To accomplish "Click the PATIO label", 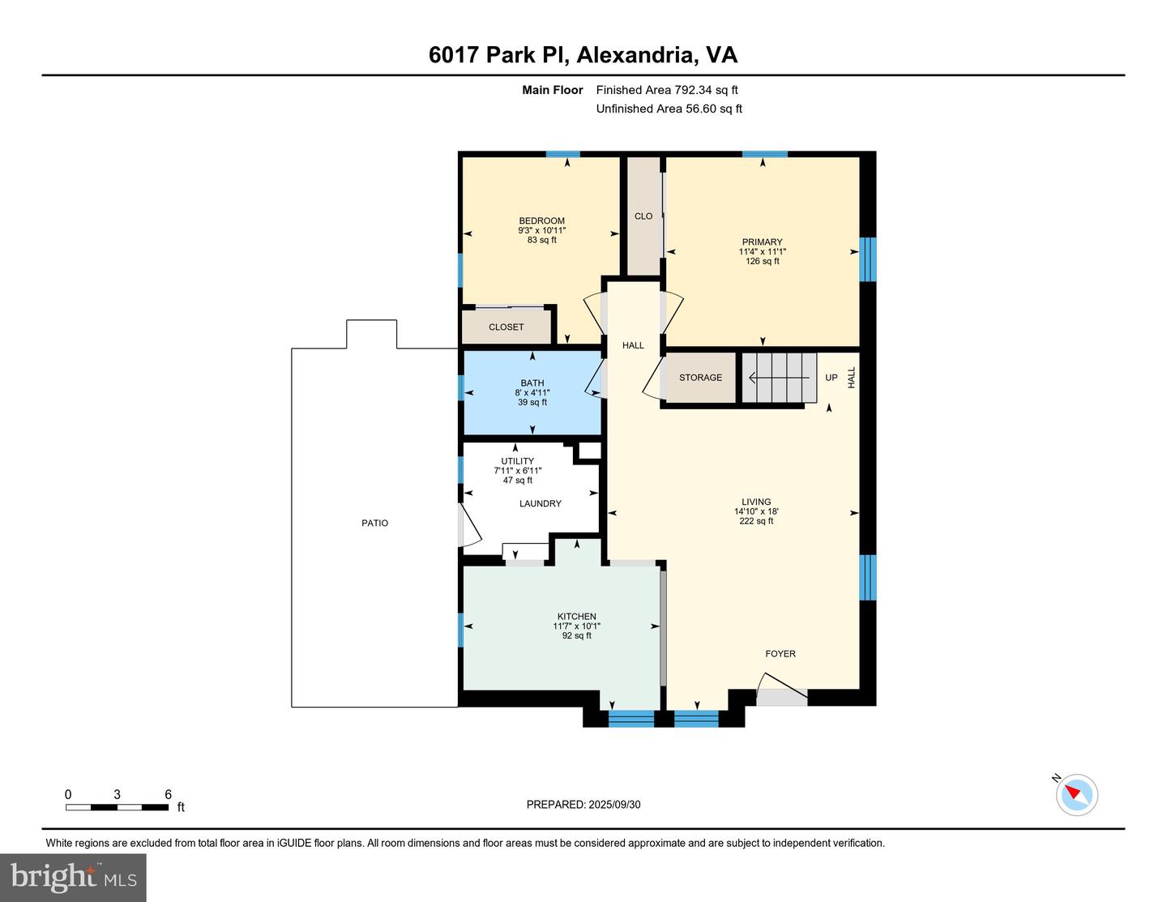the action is [x=374, y=523].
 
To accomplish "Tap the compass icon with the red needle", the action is [x=1076, y=795].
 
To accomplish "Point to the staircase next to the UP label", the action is [x=780, y=378].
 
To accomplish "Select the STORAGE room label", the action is [x=700, y=378].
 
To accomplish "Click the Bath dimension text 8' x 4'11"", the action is [x=532, y=392].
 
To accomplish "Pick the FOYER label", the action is [x=780, y=653].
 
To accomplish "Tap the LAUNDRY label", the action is [x=541, y=503].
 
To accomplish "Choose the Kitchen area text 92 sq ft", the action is [x=577, y=635].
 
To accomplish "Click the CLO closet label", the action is [x=643, y=216].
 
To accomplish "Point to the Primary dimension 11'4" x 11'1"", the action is [x=762, y=251].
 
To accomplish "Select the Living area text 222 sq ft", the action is [x=756, y=521].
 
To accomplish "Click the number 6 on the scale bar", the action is [x=168, y=794].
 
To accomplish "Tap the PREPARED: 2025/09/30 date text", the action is [x=583, y=804].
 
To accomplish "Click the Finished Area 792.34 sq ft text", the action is [x=667, y=90].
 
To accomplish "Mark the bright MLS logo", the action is [x=73, y=878].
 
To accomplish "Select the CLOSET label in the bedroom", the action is [x=506, y=327].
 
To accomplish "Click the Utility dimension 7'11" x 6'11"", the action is [x=518, y=470].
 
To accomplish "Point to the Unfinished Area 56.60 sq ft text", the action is [x=669, y=109].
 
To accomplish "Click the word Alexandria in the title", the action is [x=635, y=55].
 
